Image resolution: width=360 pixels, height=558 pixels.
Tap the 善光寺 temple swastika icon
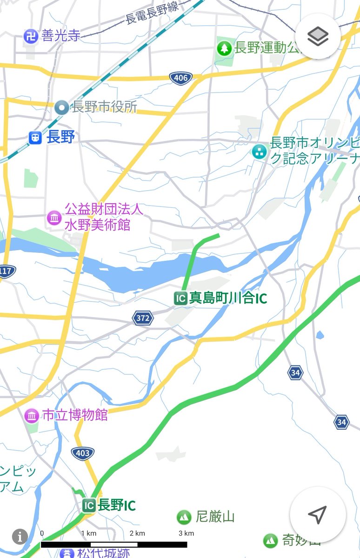[x=31, y=35]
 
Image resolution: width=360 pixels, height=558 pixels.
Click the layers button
[x=318, y=36]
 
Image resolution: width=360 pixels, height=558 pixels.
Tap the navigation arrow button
[x=317, y=514]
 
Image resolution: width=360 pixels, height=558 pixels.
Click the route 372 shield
[x=143, y=318]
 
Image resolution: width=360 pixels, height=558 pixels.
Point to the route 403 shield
[x=83, y=452]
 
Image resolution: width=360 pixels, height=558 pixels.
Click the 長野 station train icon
[x=35, y=137]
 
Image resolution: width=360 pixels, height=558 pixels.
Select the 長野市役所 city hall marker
[x=61, y=107]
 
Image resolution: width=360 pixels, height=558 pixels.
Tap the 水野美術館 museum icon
[x=53, y=217]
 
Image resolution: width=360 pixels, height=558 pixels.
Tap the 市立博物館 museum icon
[x=32, y=415]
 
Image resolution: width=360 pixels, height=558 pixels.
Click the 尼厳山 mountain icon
[x=184, y=517]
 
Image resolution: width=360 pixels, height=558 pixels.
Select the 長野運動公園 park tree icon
[x=225, y=47]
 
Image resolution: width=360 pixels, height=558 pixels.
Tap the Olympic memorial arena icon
[x=259, y=151]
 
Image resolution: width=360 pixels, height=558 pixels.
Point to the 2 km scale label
[x=137, y=533]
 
